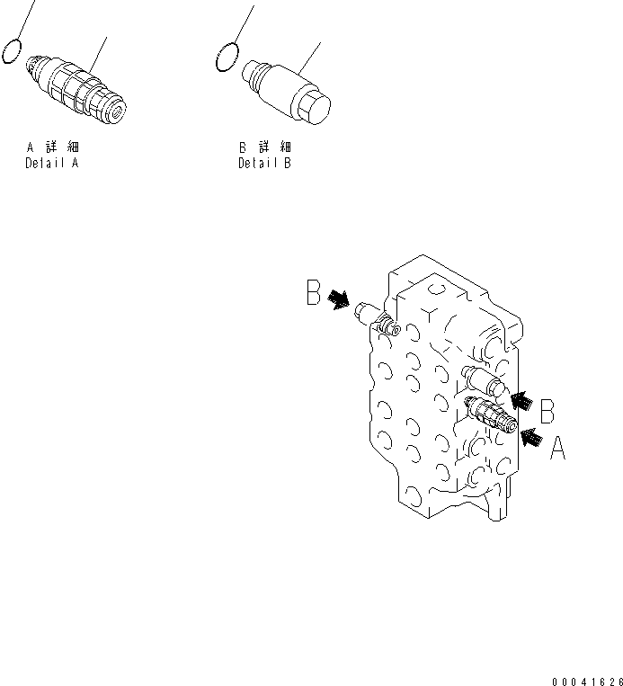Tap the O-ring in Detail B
coord(227,58)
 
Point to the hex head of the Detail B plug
coord(316,109)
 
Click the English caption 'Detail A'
coord(51,165)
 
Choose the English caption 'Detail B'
coord(264,165)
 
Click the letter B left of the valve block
coord(314,293)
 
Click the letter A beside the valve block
coord(557,448)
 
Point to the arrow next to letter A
coord(531,438)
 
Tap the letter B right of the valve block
coord(547,411)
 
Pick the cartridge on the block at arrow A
coord(491,416)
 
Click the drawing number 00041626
coord(584,673)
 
